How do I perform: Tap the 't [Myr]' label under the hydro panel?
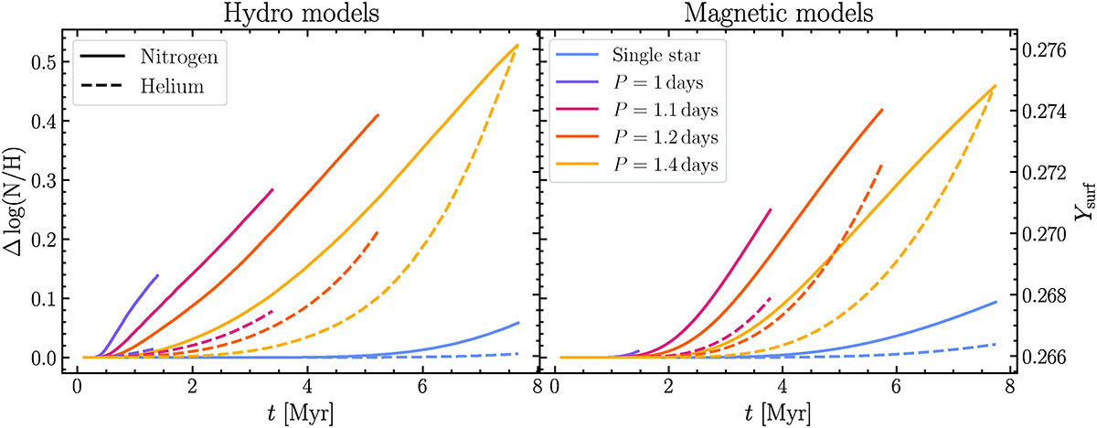(301, 413)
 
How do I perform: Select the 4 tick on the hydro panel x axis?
(308, 386)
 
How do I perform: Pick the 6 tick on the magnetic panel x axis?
(897, 386)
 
